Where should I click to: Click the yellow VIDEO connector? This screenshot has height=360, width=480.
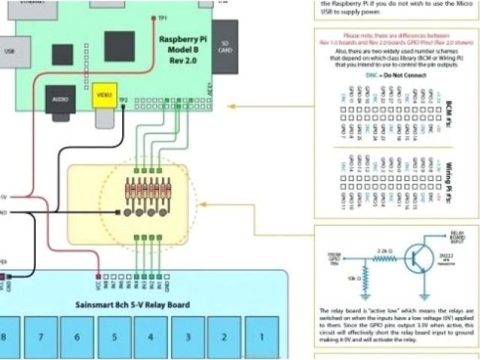(x=103, y=96)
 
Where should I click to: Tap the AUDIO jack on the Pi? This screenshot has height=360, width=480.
(x=61, y=100)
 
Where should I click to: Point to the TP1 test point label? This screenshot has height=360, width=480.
(x=163, y=16)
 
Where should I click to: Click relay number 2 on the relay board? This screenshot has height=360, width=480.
(x=224, y=337)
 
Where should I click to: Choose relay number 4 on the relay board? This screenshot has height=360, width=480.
(x=151, y=337)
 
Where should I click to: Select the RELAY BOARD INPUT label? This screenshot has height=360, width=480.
(x=456, y=238)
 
